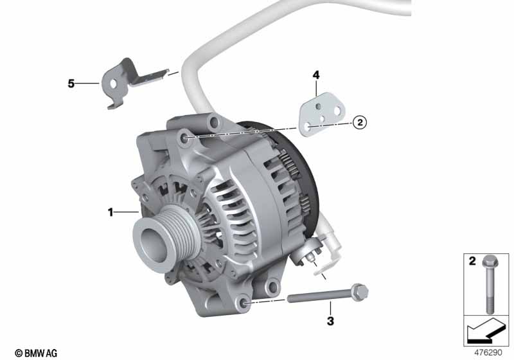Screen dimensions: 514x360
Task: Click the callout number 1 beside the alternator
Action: click(111, 212)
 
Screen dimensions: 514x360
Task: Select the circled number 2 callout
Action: click(360, 123)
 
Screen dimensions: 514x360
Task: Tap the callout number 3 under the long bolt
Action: click(330, 321)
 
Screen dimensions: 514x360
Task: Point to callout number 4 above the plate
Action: click(315, 75)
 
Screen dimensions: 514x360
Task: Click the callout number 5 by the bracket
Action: click(71, 84)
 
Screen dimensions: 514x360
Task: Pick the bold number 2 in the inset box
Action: click(472, 260)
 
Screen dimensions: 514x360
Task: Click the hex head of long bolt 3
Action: click(360, 292)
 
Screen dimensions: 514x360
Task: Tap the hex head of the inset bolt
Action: click(490, 261)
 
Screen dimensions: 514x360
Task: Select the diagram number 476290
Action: click(488, 352)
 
